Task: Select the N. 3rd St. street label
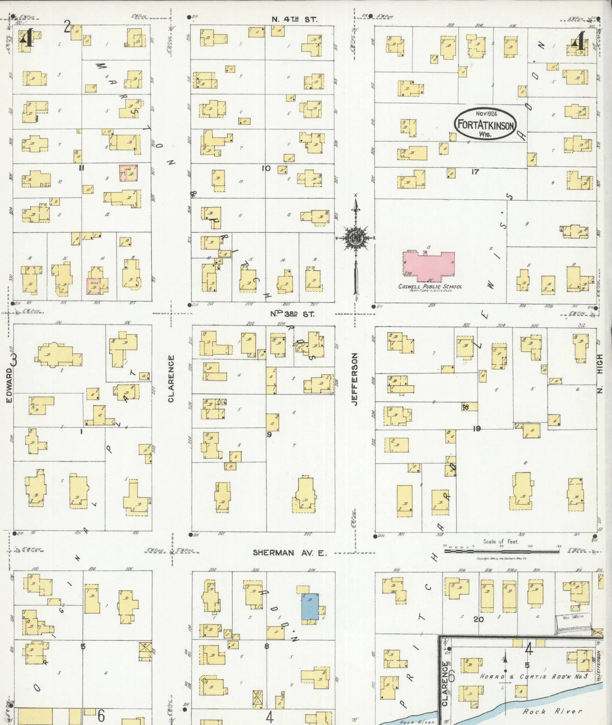coord(292,314)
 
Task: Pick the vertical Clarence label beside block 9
coord(171,379)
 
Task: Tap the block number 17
coord(475,172)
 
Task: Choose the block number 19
coord(477,428)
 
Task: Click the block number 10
coord(266,168)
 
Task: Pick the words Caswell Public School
coord(430,286)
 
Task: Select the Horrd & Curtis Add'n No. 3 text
coord(534,676)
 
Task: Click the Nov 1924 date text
coord(486,114)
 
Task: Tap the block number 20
coord(478,619)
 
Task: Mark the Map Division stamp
coord(572,617)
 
